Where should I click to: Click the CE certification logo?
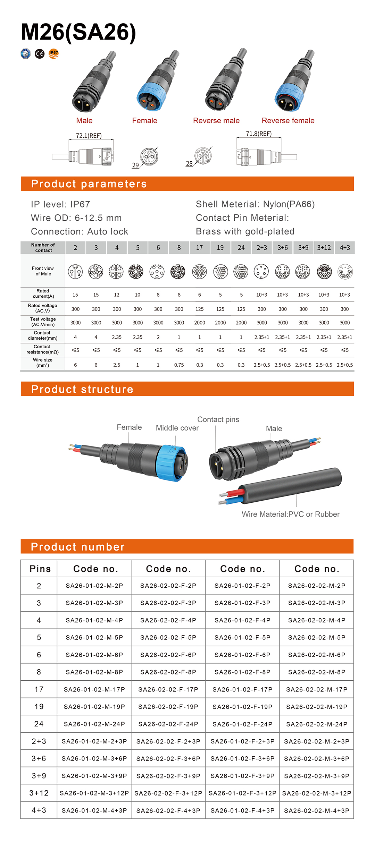click(40, 54)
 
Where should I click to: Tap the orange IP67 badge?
click(53, 53)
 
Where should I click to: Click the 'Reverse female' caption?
click(288, 121)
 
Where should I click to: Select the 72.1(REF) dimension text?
click(89, 136)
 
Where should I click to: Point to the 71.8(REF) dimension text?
click(259, 134)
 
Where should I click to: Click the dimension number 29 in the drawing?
click(135, 165)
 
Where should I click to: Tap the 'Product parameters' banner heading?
click(89, 184)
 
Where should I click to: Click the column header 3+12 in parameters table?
click(324, 248)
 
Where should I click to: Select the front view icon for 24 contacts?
click(241, 272)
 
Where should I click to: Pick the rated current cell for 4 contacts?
click(117, 295)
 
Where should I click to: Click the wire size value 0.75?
click(179, 365)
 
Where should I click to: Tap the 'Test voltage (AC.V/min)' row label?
click(43, 322)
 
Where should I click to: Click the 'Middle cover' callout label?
click(177, 428)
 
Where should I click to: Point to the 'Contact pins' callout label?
click(218, 420)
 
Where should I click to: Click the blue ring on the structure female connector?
click(167, 463)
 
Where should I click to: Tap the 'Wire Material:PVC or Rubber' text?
click(291, 514)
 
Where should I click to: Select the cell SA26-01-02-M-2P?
click(94, 586)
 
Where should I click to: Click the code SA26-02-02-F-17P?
click(168, 690)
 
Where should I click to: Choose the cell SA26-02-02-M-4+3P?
click(316, 811)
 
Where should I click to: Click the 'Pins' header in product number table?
click(40, 569)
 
